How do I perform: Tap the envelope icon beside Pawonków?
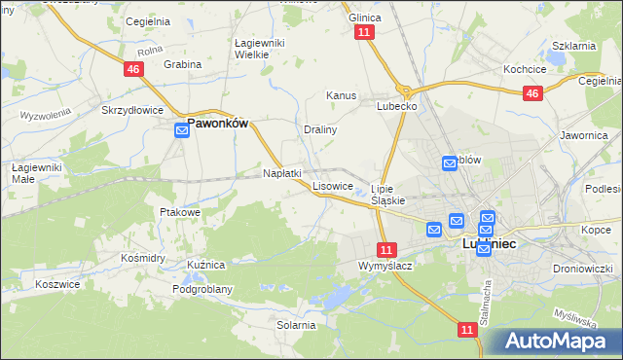tap(182, 129)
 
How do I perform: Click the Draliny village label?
tap(320, 129)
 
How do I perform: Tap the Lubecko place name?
tap(397, 106)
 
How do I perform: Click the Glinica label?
tap(365, 18)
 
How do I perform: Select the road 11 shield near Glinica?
tap(364, 32)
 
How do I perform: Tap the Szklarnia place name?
tap(573, 46)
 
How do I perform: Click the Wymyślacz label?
tap(385, 266)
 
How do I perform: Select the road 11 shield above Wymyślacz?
tap(387, 249)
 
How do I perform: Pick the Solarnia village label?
tap(296, 325)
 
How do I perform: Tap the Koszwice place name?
tap(56, 284)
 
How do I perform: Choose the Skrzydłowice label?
tap(132, 110)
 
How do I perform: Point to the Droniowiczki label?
tap(580, 268)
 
